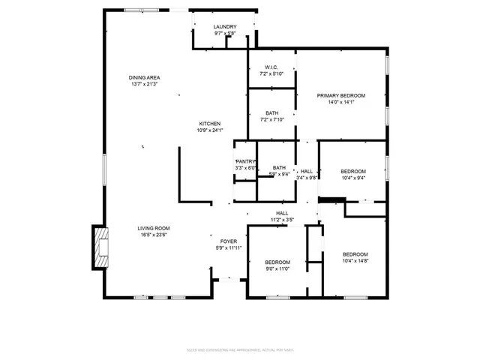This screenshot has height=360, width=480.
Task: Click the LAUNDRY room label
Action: (x=225, y=27)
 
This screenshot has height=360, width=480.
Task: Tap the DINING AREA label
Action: (x=144, y=78)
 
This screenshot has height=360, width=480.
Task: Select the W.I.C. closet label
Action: (x=271, y=67)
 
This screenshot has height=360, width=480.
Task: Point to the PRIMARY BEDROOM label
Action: (x=340, y=96)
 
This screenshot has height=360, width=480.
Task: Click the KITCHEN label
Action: (x=209, y=124)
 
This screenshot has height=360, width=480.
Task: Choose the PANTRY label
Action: (x=245, y=161)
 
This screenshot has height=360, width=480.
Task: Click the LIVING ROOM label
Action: (x=153, y=228)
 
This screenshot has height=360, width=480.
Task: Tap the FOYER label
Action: (x=229, y=241)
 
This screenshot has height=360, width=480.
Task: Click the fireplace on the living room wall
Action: (x=100, y=247)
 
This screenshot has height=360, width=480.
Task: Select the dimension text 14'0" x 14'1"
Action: (x=340, y=103)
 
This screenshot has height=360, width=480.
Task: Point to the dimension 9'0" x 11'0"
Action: (x=277, y=269)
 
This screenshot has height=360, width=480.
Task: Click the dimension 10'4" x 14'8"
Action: (x=355, y=261)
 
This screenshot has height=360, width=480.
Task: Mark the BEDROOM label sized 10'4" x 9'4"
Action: (x=353, y=171)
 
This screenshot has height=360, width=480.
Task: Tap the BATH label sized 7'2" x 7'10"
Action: (x=271, y=113)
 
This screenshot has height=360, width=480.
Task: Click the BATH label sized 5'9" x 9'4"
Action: (x=279, y=167)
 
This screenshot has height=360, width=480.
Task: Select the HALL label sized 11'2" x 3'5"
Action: (x=282, y=213)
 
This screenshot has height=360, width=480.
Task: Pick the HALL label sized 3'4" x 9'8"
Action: (x=307, y=171)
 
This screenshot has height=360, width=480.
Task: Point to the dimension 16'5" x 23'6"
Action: (x=153, y=235)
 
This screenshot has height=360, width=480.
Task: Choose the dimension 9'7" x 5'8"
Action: (x=225, y=34)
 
